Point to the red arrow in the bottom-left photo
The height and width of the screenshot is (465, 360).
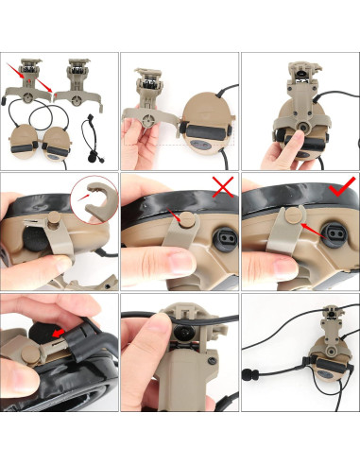coord(57,334)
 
